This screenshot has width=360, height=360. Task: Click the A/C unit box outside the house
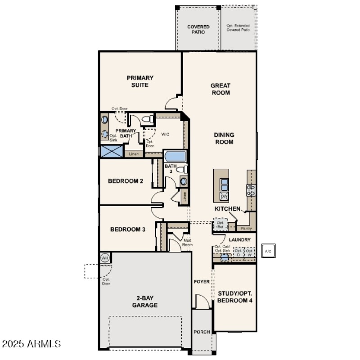pyautogui.click(x=268, y=251)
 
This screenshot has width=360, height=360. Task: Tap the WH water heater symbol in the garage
pyautogui.click(x=105, y=258)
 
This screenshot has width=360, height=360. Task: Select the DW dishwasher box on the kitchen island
pyautogui.click(x=224, y=197)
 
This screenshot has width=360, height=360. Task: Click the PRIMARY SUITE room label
pyautogui.click(x=140, y=81)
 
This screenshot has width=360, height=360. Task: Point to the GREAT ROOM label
pyautogui.click(x=220, y=89)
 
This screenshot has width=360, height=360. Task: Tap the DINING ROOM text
pyautogui.click(x=224, y=138)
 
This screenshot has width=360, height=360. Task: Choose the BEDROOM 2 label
pyautogui.click(x=126, y=181)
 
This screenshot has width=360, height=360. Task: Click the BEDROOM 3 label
pyautogui.click(x=128, y=229)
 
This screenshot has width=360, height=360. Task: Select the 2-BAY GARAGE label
pyautogui.click(x=145, y=301)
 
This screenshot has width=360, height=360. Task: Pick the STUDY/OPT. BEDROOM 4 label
pyautogui.click(x=234, y=297)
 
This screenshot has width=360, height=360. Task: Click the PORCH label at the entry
pyautogui.click(x=202, y=332)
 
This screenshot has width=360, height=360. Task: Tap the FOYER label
pyautogui.click(x=202, y=282)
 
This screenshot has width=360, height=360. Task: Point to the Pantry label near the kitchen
pyautogui.click(x=246, y=228)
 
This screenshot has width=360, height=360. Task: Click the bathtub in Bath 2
pyautogui.click(x=175, y=157)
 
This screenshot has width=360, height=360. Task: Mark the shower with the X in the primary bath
pyautogui.click(x=112, y=151)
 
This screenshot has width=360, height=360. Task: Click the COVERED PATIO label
pyautogui.click(x=198, y=30)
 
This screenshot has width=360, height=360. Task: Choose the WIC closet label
pyautogui.click(x=165, y=134)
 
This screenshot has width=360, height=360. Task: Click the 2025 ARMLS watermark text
pyautogui.click(x=31, y=344)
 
